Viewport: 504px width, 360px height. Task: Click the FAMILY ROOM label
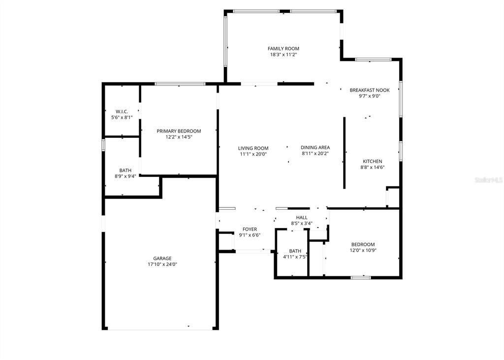[283, 48]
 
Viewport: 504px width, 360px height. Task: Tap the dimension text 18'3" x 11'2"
[283, 55]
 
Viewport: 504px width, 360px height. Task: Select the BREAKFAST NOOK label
[369, 90]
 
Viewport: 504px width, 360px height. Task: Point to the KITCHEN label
[373, 161]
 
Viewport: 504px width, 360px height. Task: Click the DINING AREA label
[315, 147]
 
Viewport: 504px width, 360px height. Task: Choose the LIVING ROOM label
[253, 148]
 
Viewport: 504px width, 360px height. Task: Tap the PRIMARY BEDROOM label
[179, 131]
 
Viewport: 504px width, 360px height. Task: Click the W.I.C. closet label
[122, 111]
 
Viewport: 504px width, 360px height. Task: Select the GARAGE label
[162, 258]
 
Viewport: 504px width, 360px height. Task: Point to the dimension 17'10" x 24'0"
[162, 264]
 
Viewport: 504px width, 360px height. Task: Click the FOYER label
[250, 229]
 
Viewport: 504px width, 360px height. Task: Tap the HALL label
[302, 217]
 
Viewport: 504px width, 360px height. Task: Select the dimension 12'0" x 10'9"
[363, 250]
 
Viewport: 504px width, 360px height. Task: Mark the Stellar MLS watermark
[488, 180]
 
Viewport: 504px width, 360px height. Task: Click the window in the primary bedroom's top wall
[180, 84]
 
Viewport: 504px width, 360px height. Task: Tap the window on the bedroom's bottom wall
[361, 277]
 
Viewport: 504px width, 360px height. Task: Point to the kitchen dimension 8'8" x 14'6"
[373, 167]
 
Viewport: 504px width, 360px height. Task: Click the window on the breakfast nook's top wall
[373, 60]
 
